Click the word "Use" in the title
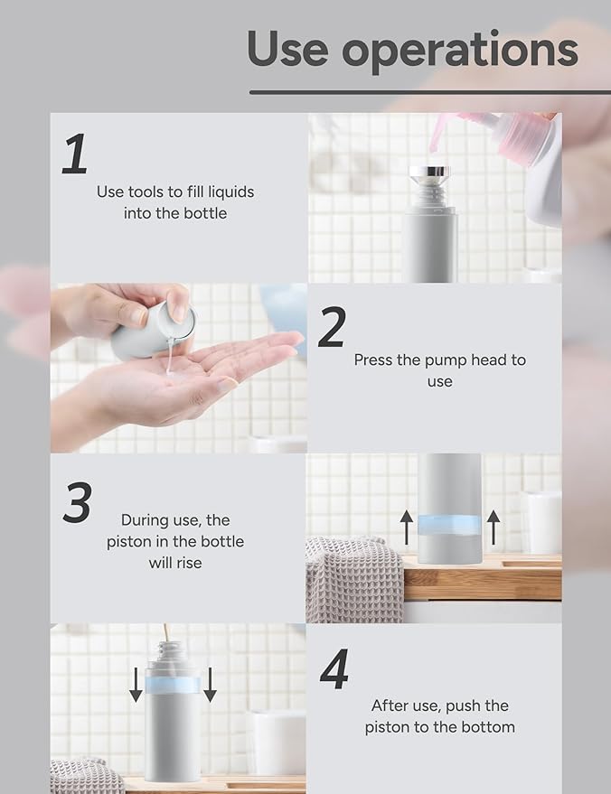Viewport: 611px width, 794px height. point(290,49)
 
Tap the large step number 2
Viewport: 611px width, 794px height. point(332,328)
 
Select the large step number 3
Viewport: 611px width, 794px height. point(77,502)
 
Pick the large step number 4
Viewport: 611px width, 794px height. point(334,670)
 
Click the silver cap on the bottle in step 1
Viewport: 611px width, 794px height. point(428,173)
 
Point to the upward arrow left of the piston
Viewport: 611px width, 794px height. point(407,527)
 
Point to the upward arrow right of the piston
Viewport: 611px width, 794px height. point(493,527)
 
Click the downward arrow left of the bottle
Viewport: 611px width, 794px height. point(136,685)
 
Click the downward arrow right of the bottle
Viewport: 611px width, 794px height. point(210,685)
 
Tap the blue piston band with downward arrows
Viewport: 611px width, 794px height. point(173,686)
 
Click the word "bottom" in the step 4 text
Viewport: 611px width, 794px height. point(486,727)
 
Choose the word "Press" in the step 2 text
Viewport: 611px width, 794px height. point(373,360)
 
